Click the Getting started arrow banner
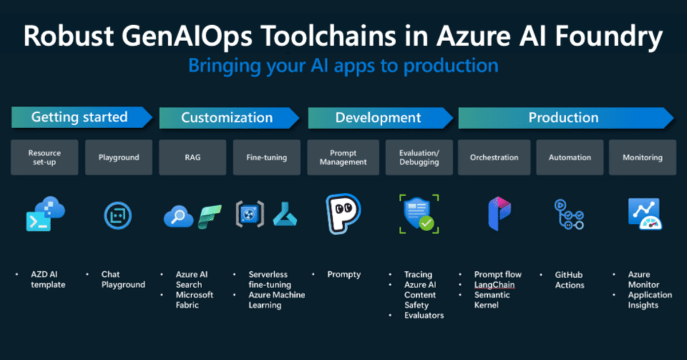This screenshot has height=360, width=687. pyautogui.click(x=81, y=117)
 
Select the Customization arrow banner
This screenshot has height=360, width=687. pyautogui.click(x=229, y=118)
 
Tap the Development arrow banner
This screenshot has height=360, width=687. pyautogui.click(x=380, y=118)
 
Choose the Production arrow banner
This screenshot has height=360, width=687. pyautogui.click(x=566, y=118)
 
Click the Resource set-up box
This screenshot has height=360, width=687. pyautogui.click(x=45, y=157)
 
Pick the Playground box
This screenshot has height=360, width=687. pyautogui.click(x=119, y=157)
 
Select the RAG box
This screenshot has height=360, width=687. pyautogui.click(x=192, y=157)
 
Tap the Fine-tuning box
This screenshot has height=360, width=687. pyautogui.click(x=267, y=157)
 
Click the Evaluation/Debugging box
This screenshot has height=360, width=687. pyautogui.click(x=419, y=157)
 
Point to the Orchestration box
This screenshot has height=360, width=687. pyautogui.click(x=494, y=157)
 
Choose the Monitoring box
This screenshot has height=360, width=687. pyautogui.click(x=642, y=157)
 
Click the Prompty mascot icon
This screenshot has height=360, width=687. pyautogui.click(x=343, y=213)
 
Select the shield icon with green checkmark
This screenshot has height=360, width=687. pyautogui.click(x=419, y=213)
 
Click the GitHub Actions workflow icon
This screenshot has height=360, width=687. pyautogui.click(x=569, y=215)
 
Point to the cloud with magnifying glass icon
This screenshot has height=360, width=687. pyautogui.click(x=179, y=216)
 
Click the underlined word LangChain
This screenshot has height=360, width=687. pyautogui.click(x=495, y=284)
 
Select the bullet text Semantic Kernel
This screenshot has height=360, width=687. pyautogui.click(x=492, y=300)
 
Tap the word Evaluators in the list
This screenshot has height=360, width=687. pyautogui.click(x=424, y=315)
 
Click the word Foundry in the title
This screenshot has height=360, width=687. pyautogui.click(x=609, y=37)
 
